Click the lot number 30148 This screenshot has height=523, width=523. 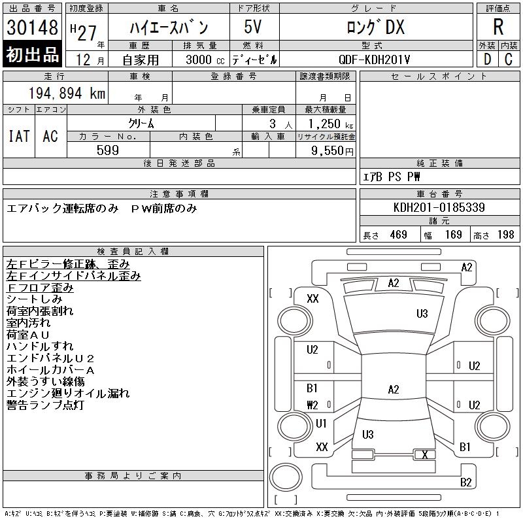[33, 27]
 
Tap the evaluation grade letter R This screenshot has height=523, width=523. [498, 27]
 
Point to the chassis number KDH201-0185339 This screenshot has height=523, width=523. [439, 207]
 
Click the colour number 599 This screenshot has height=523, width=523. [108, 150]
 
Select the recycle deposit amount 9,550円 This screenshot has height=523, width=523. [325, 150]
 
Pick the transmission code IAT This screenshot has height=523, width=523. [19, 136]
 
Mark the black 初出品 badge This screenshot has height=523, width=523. [33, 56]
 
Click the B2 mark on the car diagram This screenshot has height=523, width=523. [465, 482]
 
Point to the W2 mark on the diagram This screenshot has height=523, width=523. [312, 405]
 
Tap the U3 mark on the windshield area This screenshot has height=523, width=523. [422, 314]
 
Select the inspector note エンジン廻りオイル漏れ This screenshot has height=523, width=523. [68, 393]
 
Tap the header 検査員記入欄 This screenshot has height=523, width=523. [133, 251]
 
